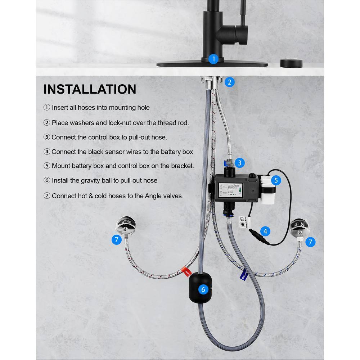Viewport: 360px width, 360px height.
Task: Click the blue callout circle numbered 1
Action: point(213,59)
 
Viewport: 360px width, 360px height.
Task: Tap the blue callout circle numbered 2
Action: point(230,82)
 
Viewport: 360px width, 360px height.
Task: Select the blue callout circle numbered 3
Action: point(239,163)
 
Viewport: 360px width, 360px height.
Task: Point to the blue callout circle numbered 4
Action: point(265,231)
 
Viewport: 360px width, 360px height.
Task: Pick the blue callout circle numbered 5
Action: point(276,180)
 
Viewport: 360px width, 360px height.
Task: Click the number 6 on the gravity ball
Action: point(203,289)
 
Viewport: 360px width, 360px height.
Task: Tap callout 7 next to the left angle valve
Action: point(116,239)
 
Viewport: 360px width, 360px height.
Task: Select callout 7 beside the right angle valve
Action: point(311,242)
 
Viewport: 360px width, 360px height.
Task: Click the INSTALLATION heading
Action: point(90,89)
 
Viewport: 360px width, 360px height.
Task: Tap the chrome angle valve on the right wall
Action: point(300,227)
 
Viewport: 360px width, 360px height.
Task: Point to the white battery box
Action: point(268,189)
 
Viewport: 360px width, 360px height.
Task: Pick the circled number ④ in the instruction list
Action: point(47,152)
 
